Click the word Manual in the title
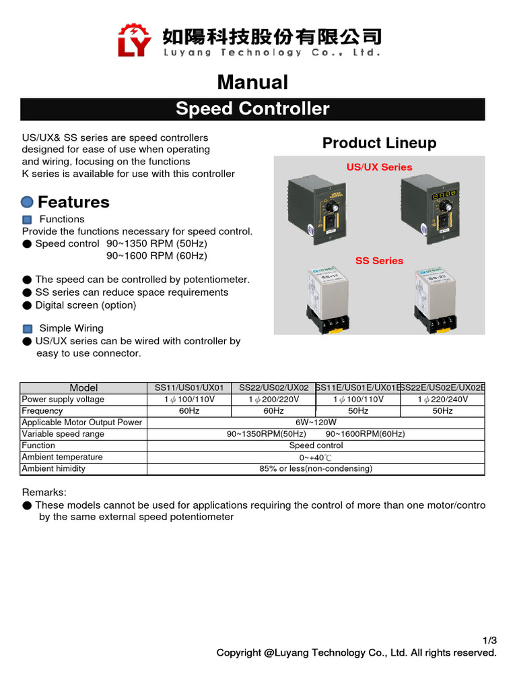252,82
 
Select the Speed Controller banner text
252,108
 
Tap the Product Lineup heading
379,143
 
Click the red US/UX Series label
379,167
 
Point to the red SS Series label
379,261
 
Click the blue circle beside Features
28,202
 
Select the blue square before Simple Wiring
28,329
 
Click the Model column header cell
83,387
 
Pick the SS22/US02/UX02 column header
274,387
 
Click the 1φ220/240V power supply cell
442,400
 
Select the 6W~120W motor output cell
316,422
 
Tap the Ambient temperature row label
62,457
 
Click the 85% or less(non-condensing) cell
316,468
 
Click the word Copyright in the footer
239,653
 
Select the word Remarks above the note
44,493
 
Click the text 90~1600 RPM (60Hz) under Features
157,256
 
